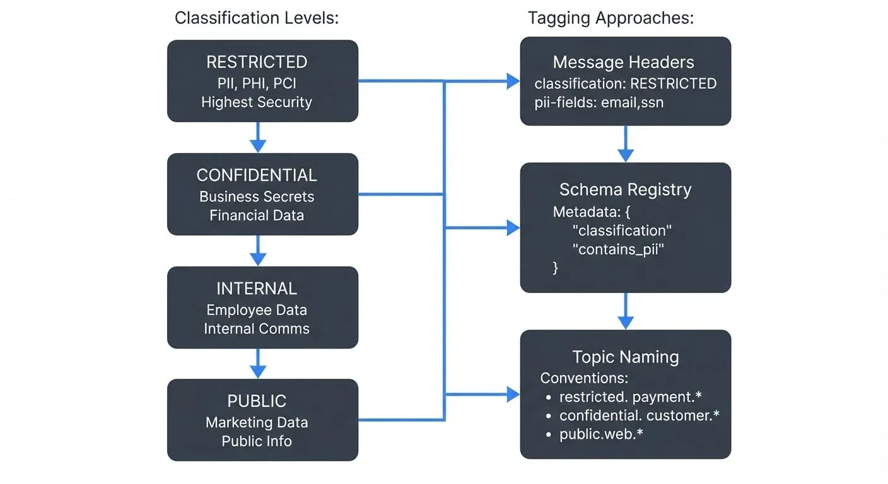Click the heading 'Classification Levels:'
pyautogui.click(x=256, y=18)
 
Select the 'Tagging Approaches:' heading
pyautogui.click(x=610, y=18)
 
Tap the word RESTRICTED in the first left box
pyautogui.click(x=257, y=62)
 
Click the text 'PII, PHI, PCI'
pyautogui.click(x=257, y=83)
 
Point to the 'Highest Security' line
pyautogui.click(x=257, y=102)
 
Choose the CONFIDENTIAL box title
pyautogui.click(x=257, y=175)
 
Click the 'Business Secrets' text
pyautogui.click(x=257, y=197)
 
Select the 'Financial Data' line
pyautogui.click(x=257, y=216)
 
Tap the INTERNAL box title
pyautogui.click(x=257, y=289)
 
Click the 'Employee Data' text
pyautogui.click(x=257, y=310)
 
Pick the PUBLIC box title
pyautogui.click(x=257, y=401)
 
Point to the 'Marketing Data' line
pyautogui.click(x=257, y=422)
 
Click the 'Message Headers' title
pyautogui.click(x=623, y=62)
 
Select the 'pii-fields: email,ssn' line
pyautogui.click(x=599, y=102)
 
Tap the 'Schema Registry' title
pyautogui.click(x=625, y=190)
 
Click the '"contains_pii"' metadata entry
pyautogui.click(x=618, y=249)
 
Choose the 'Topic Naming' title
pyautogui.click(x=625, y=357)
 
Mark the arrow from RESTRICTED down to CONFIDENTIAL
pyautogui.click(x=257, y=137)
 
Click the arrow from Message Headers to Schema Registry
pyautogui.click(x=625, y=144)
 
